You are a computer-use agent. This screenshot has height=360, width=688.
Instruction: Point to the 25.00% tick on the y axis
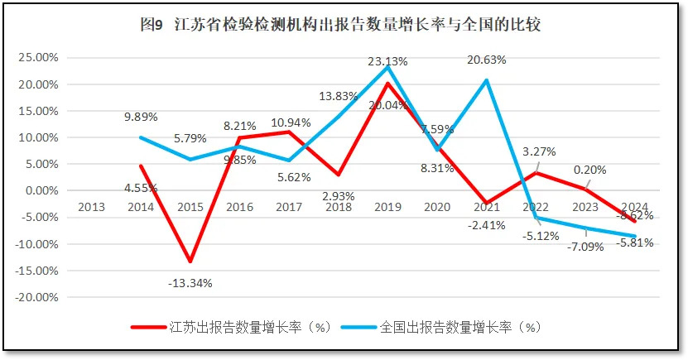tap(38, 58)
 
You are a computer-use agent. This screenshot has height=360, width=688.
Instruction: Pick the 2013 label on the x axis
tap(92, 207)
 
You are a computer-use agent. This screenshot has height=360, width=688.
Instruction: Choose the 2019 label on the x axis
tap(387, 207)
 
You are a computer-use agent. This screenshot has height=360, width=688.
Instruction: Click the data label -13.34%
tap(190, 282)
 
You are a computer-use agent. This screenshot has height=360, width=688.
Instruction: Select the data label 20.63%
tap(486, 60)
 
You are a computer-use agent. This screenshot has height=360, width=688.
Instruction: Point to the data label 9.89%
tap(142, 118)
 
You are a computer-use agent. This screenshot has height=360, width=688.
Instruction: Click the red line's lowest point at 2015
tap(190, 262)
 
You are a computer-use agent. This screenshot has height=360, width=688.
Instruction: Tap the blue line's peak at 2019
tap(387, 67)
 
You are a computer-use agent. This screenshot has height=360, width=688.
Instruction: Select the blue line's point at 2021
tap(486, 80)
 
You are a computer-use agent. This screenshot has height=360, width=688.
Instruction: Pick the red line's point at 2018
tap(339, 175)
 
